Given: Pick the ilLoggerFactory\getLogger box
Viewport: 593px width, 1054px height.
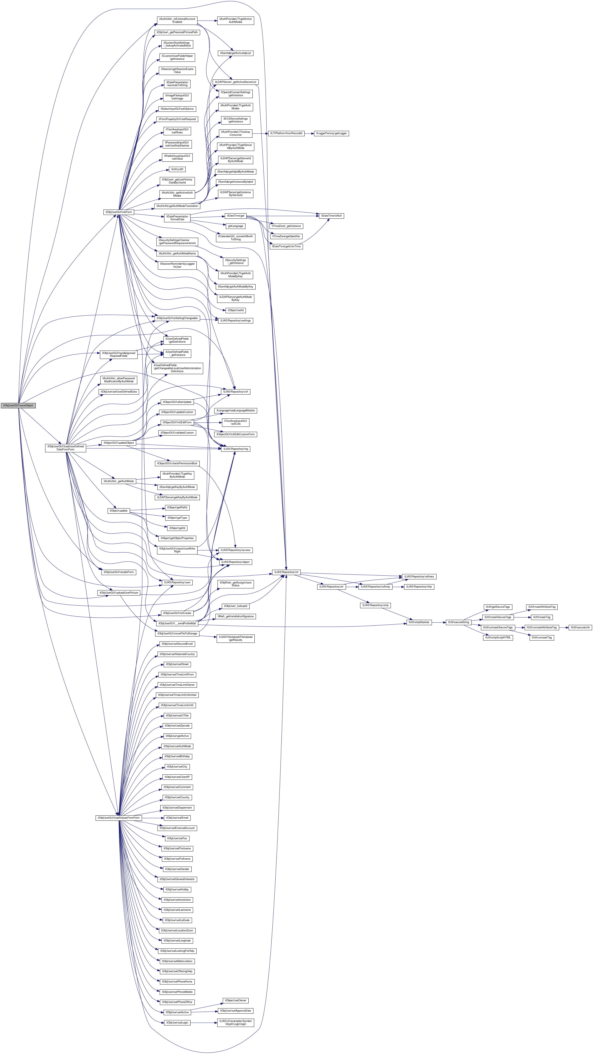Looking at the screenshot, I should [x=331, y=133].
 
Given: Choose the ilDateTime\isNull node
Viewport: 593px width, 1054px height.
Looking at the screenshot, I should [x=331, y=216].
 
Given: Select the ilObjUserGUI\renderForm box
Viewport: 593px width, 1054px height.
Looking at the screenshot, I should [x=118, y=572].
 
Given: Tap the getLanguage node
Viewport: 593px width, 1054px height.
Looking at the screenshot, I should [x=235, y=226].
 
